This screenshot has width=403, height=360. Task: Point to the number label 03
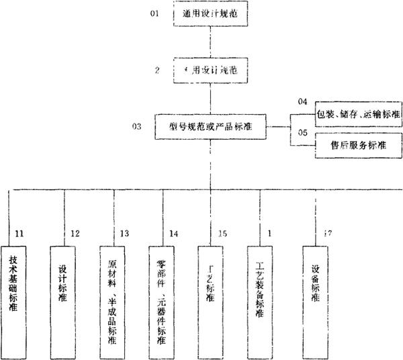[x=137, y=126]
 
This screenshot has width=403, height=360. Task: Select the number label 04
[x=302, y=101]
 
